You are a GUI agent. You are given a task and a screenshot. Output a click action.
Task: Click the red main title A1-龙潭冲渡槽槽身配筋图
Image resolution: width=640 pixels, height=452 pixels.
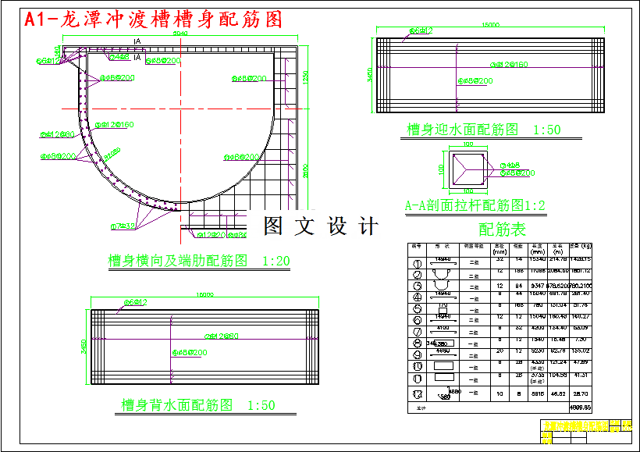[153, 20]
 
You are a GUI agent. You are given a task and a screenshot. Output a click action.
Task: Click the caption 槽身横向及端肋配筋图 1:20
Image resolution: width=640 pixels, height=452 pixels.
[198, 260]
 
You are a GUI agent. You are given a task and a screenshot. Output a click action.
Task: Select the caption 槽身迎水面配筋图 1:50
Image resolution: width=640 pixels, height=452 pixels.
[483, 130]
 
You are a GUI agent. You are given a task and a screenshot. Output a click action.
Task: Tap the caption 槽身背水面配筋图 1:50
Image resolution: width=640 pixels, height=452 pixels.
[198, 405]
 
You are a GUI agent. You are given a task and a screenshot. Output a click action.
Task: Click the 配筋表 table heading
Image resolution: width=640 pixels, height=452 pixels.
[502, 230]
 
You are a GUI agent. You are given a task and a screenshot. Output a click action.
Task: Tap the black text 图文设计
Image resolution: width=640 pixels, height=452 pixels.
[321, 226]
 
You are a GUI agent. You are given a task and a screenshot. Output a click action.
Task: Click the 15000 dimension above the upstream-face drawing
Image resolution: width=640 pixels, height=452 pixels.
[490, 25]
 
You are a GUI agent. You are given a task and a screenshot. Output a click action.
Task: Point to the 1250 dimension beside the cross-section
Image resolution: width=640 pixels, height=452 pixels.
[306, 77]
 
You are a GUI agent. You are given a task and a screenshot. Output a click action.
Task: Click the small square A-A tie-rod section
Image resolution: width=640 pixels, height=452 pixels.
[468, 167]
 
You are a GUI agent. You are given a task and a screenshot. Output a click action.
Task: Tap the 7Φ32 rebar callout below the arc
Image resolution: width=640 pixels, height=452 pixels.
[123, 226]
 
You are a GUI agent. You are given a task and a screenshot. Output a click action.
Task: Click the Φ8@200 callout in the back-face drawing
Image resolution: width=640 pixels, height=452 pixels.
[188, 353]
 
